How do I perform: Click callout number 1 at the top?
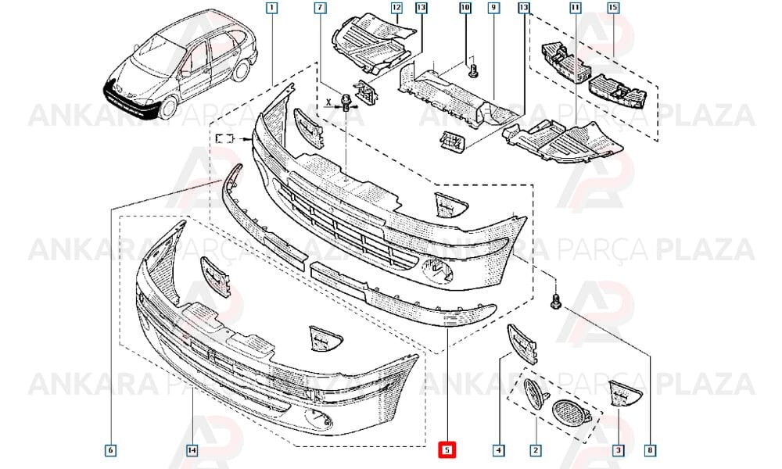point(272,8)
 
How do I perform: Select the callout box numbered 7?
point(320,8)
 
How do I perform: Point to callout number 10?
point(465,8)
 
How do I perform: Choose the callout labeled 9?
point(493,8)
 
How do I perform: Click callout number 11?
point(575,8)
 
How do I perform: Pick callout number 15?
point(613,8)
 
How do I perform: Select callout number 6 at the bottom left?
point(111,450)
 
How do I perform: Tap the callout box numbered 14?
point(192,450)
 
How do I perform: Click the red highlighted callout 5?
point(447,450)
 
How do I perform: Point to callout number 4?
point(498,450)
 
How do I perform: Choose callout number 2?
point(535,450)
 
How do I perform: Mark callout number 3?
point(618,450)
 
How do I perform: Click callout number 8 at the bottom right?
point(650,450)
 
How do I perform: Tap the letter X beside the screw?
point(328,102)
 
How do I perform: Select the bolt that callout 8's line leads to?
point(555,300)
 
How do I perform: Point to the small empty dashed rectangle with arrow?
point(224,138)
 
